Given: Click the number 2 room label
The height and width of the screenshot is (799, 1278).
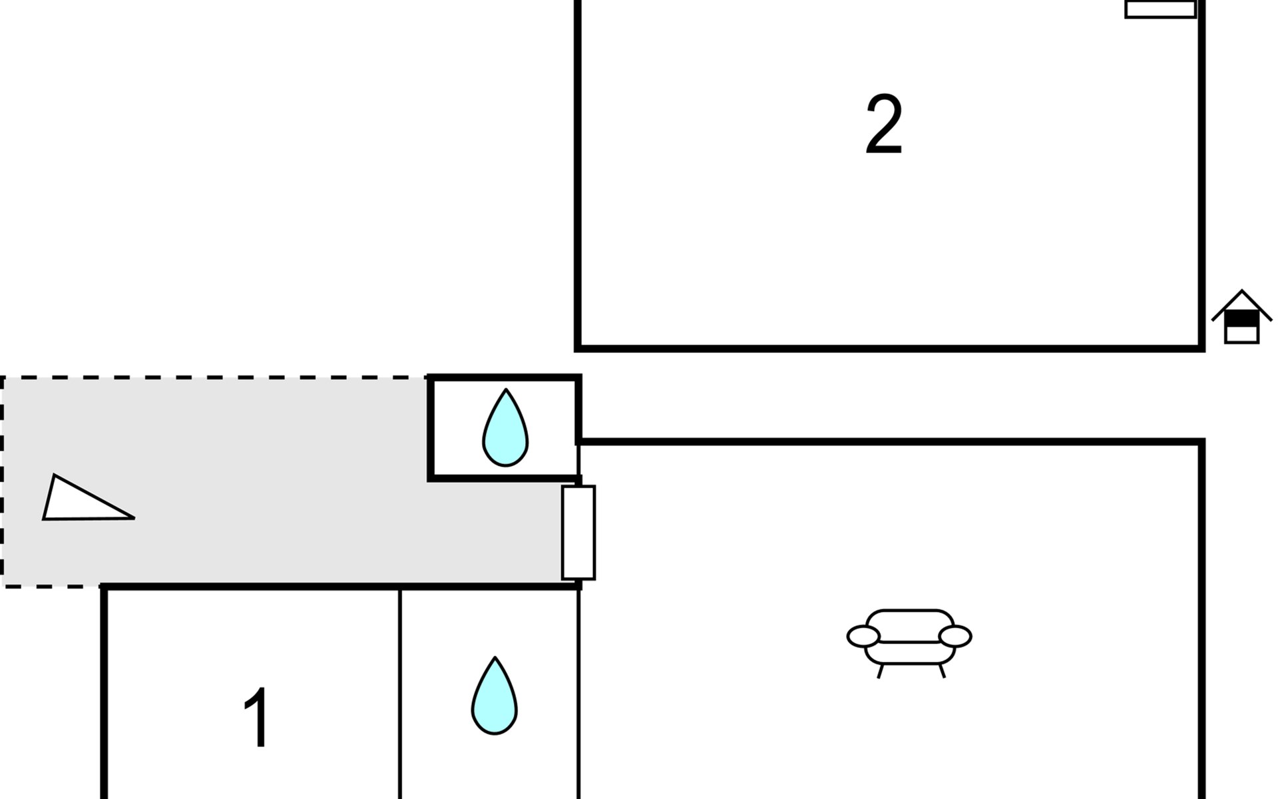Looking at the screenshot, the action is pyautogui.click(x=883, y=125).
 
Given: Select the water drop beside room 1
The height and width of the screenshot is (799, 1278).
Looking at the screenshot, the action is pyautogui.click(x=495, y=696).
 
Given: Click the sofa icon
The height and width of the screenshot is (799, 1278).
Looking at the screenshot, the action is pyautogui.click(x=909, y=643).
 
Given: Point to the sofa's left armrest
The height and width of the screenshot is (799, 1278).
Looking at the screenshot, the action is pyautogui.click(x=863, y=637).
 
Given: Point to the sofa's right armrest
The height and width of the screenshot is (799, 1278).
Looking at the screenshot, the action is pyautogui.click(x=955, y=637).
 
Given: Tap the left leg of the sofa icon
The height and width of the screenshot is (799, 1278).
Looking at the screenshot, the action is pyautogui.click(x=880, y=671).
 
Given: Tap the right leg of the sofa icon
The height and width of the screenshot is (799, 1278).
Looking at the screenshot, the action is pyautogui.click(x=942, y=671).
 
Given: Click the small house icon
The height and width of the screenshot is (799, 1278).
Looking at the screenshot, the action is pyautogui.click(x=1242, y=317).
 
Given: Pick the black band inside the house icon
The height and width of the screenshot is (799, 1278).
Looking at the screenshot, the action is pyautogui.click(x=1242, y=320).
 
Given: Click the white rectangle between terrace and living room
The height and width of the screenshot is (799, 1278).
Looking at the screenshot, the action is pyautogui.click(x=578, y=533).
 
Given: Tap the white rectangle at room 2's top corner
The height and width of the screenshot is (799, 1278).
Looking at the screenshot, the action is pyautogui.click(x=1160, y=9).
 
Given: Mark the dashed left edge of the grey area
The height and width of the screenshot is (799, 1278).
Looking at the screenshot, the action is pyautogui.click(x=3, y=482).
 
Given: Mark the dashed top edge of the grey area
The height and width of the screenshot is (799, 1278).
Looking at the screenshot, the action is pyautogui.click(x=214, y=378).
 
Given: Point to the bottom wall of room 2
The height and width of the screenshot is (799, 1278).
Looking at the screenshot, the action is pyautogui.click(x=890, y=348).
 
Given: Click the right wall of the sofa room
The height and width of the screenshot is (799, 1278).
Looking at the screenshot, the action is pyautogui.click(x=1201, y=619).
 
